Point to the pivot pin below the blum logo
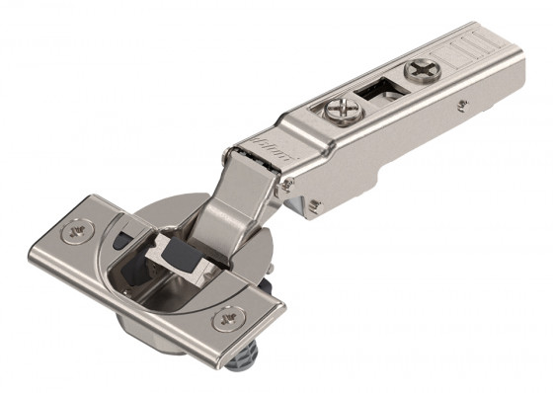[286, 184]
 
